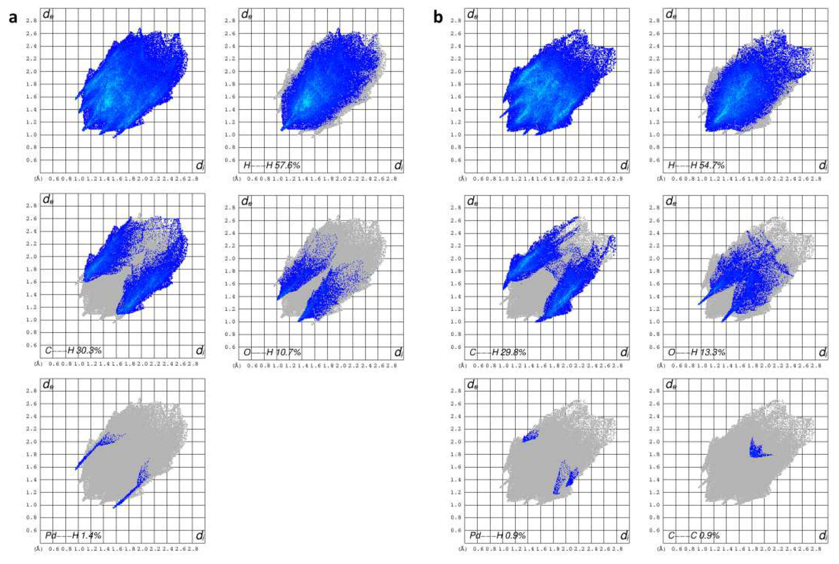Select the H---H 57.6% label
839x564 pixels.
coord(272,165)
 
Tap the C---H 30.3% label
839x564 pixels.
coord(74,351)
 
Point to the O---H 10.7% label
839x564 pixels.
coord(272,353)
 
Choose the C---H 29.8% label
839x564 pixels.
coord(498,353)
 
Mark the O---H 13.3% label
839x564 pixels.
coord(696,353)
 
